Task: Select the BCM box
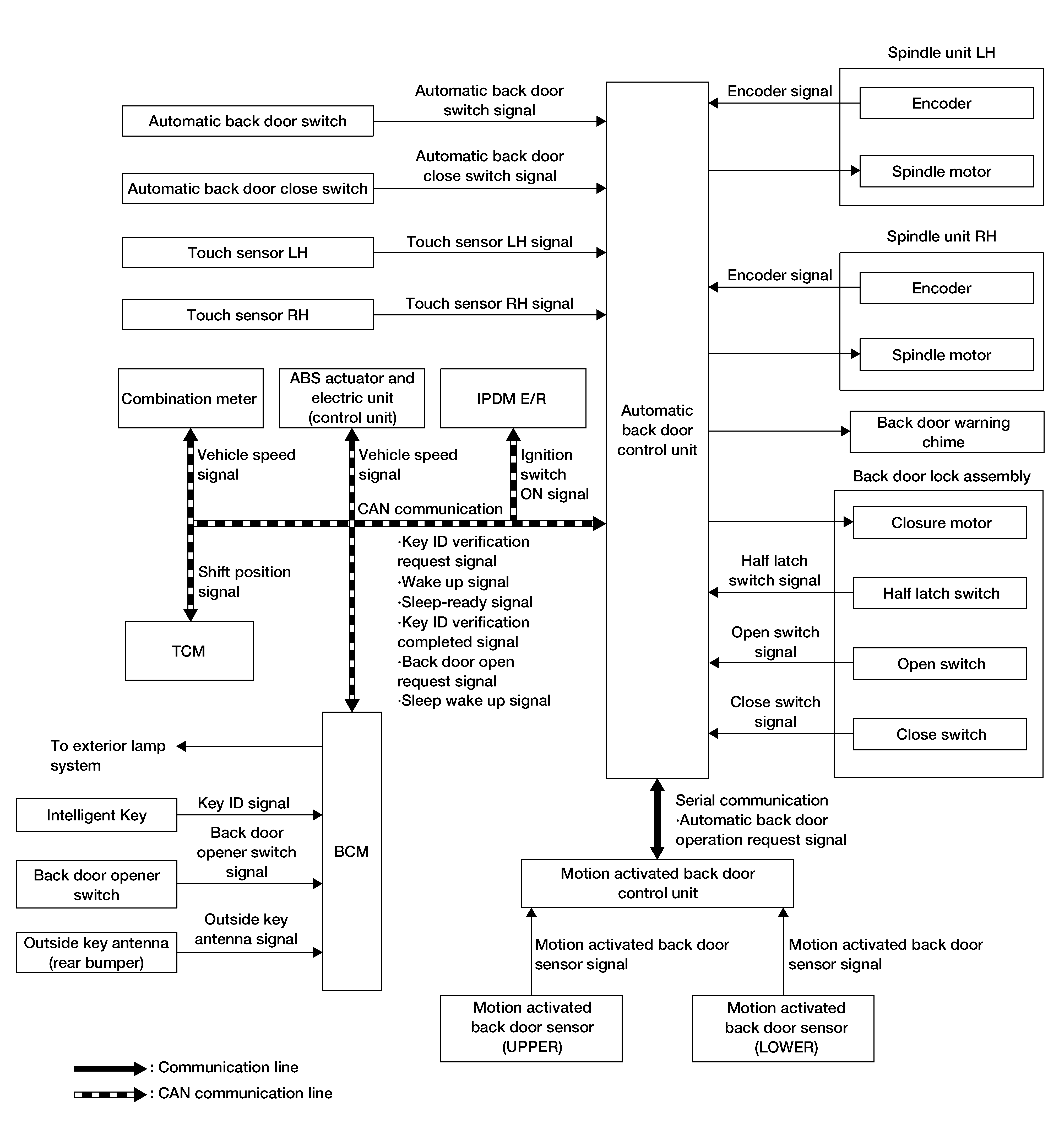tap(352, 851)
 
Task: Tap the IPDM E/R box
tap(513, 398)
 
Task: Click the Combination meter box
tap(191, 398)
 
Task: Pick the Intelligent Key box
tap(96, 815)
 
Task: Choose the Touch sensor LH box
tap(247, 252)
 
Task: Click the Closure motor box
tap(940, 523)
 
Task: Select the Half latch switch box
tap(940, 593)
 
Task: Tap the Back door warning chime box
tap(947, 432)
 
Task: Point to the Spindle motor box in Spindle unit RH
tap(947, 355)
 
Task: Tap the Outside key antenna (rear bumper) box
tap(96, 952)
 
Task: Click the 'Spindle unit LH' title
tap(942, 52)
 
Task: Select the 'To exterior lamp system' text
tap(108, 755)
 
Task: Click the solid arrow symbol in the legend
tap(110, 1068)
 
